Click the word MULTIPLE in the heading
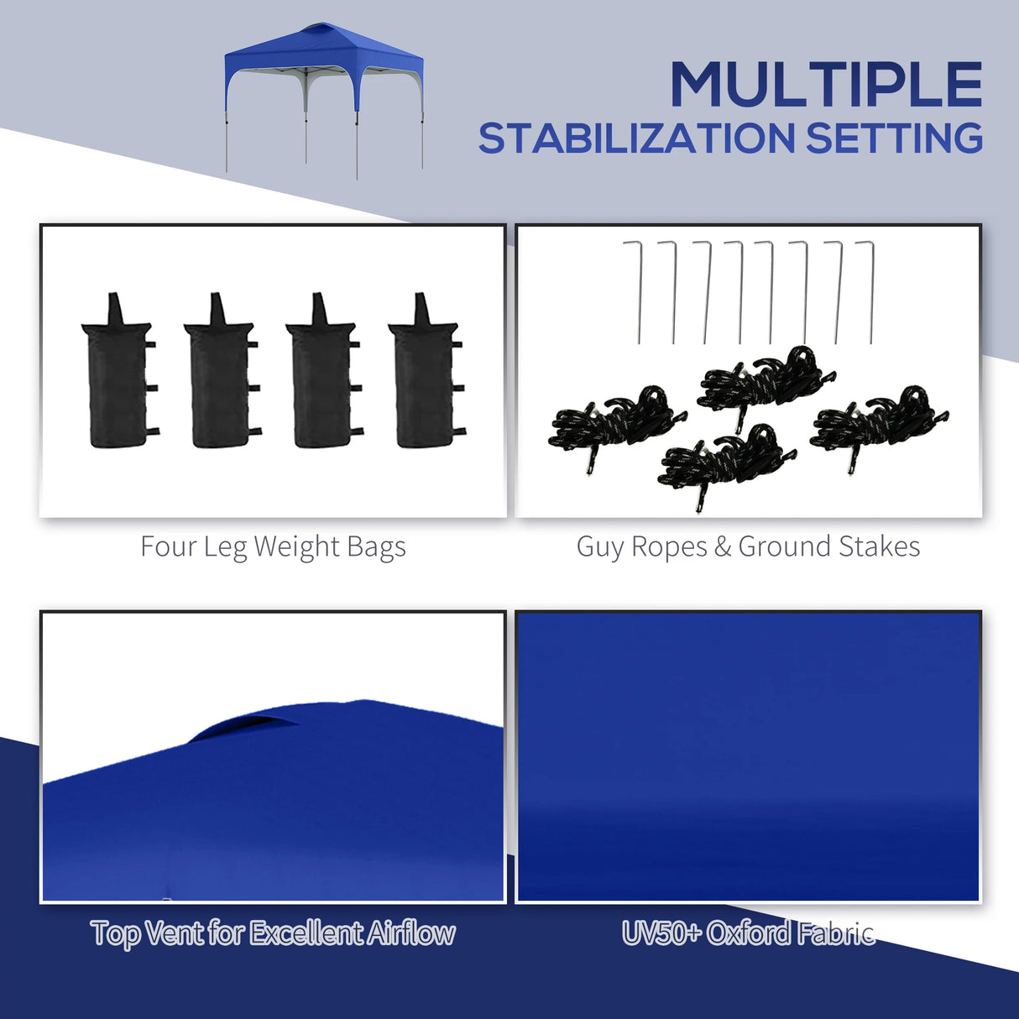coord(826,85)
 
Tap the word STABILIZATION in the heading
coord(636,139)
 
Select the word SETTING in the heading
coord(894,139)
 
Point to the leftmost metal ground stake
coord(637,290)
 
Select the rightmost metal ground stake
coord(870,290)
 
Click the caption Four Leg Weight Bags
coord(273,547)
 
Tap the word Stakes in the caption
coord(879,547)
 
